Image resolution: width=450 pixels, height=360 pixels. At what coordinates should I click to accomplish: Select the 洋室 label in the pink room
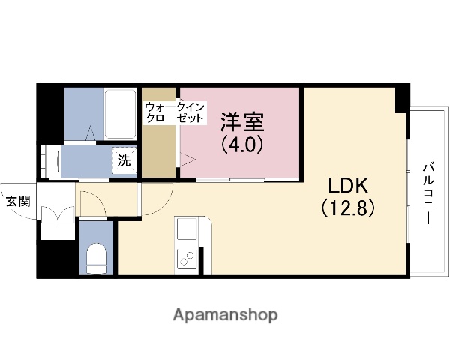241,122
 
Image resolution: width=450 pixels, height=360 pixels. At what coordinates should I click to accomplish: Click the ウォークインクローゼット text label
174,112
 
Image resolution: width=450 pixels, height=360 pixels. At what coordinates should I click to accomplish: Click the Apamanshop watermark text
225,314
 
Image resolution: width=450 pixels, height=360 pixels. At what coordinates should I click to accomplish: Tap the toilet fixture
96,259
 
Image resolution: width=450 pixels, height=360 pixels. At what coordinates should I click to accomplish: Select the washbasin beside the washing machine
52,160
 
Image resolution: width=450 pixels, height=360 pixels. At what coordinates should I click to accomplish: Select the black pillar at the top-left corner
50,112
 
